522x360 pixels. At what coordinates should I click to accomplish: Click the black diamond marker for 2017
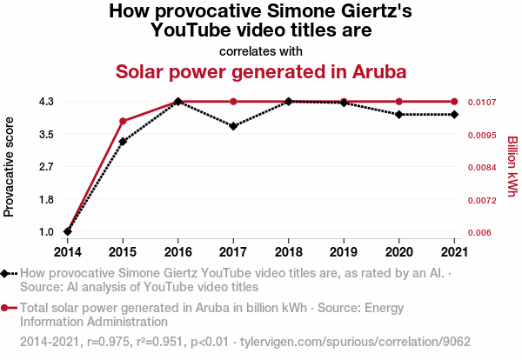click(233, 126)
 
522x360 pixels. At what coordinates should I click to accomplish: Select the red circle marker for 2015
click(123, 121)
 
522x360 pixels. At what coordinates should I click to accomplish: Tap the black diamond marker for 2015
click(123, 142)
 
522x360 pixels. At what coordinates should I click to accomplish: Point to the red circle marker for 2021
click(454, 102)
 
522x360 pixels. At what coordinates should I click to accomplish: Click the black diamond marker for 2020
click(399, 114)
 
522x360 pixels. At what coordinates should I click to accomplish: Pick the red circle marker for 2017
click(233, 102)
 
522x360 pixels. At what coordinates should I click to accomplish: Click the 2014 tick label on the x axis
click(67, 252)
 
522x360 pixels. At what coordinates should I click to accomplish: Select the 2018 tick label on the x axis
click(288, 252)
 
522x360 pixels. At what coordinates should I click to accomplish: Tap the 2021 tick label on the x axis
click(454, 252)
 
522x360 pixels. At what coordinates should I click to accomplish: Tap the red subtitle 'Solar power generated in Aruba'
click(262, 70)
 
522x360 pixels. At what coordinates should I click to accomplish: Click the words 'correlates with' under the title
click(262, 50)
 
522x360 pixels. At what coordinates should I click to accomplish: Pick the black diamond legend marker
click(6, 274)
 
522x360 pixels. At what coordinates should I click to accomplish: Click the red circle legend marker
click(6, 307)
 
